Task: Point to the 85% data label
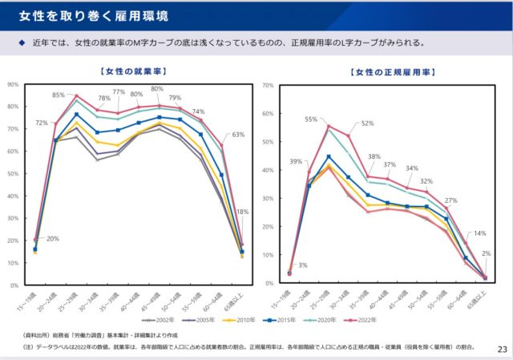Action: point(59,95)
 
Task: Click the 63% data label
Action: point(238,135)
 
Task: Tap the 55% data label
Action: point(311,119)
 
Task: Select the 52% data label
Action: point(367,123)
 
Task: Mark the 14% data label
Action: point(479,233)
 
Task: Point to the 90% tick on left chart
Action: point(13,83)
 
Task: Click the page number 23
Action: point(502,349)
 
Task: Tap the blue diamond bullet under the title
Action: point(11,43)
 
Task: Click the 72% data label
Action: point(42,123)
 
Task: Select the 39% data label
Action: point(296,161)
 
